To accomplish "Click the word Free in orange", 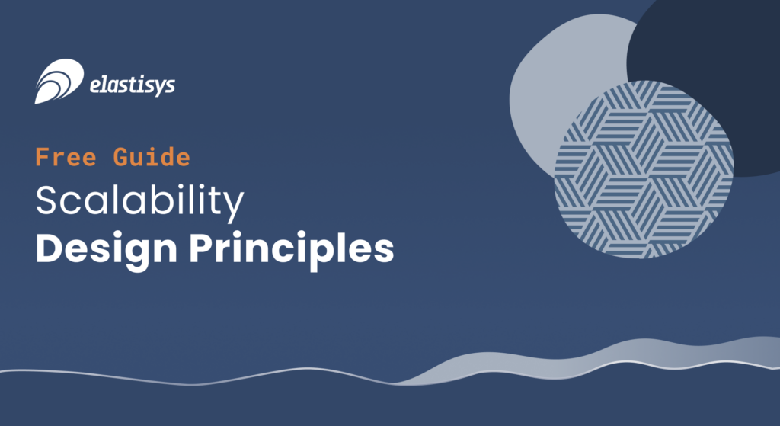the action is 66,157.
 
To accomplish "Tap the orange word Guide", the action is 152,157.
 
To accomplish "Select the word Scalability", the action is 140,201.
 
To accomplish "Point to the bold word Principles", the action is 292,249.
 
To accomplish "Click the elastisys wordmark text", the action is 133,85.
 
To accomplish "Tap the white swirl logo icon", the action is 59,81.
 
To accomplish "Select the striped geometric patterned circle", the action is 644,169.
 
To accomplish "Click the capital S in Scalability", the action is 47,200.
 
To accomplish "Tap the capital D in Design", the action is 50,248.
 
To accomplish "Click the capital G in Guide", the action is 122,157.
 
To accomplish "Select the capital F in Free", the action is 43,157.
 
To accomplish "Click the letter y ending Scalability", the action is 233,207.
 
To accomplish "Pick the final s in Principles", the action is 384,251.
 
